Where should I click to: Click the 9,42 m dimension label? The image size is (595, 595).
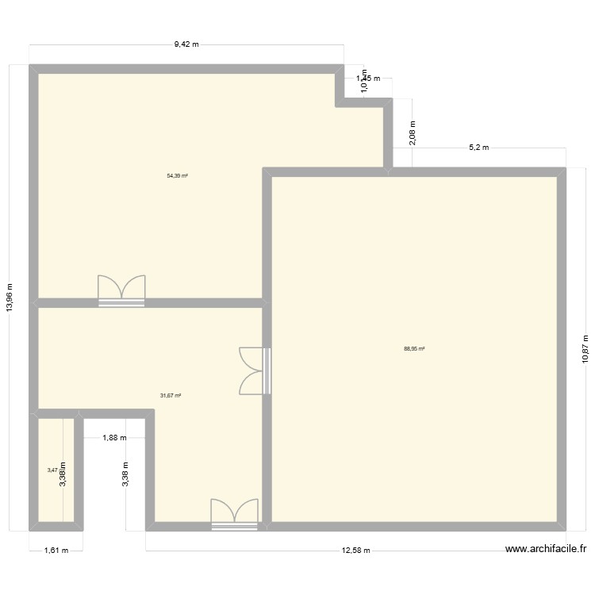tap(186, 45)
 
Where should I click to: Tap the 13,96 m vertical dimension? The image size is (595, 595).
tap(10, 298)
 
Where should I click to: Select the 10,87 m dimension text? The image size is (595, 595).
tap(585, 346)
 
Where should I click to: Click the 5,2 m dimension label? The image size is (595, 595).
tap(479, 148)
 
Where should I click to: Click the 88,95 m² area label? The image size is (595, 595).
tap(414, 348)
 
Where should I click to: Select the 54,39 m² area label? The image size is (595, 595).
tap(177, 175)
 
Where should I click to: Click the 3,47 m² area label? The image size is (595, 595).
tap(52, 470)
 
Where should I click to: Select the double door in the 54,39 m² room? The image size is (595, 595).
tap(121, 289)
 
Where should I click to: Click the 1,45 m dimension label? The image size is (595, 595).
tap(368, 78)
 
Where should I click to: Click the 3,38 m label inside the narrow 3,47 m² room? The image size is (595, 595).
tap(63, 476)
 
